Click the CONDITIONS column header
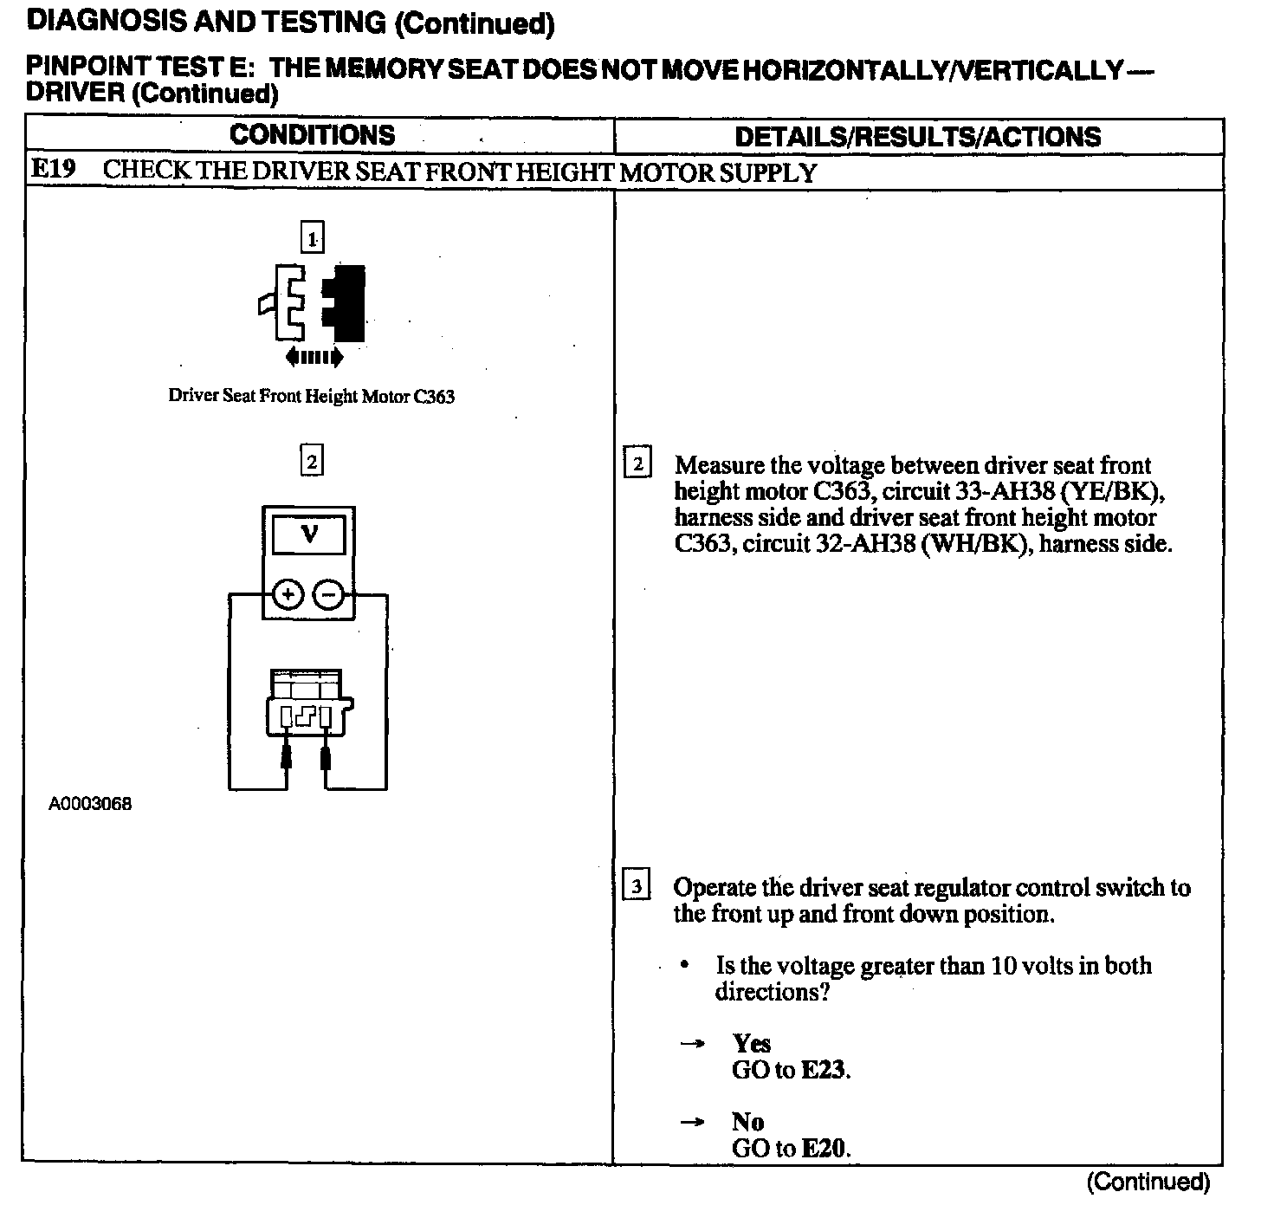point(312,135)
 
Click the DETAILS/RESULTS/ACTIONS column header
point(917,137)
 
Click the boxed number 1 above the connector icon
point(312,237)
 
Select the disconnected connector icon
point(312,303)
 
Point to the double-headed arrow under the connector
point(314,356)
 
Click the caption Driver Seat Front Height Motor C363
point(311,397)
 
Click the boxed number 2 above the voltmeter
point(312,460)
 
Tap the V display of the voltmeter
point(309,535)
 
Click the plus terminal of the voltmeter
point(288,594)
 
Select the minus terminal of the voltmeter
point(328,594)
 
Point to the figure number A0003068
point(90,804)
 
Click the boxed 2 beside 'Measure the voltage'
point(637,464)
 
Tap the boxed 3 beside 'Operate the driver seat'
point(637,887)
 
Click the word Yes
point(751,1043)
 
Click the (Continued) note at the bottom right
point(1148,1182)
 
